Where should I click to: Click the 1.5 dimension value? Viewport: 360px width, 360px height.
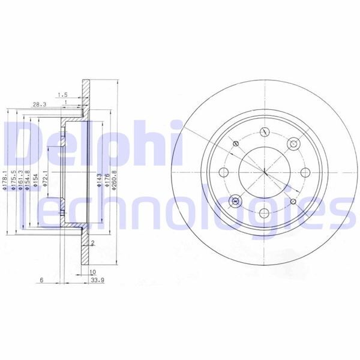(62, 94)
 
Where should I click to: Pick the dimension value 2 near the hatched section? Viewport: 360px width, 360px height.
(94, 243)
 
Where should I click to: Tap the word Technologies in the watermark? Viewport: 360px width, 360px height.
(180, 210)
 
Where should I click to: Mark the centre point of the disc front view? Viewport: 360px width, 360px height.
(265, 173)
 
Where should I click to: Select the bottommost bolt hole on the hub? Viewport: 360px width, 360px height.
(265, 213)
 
